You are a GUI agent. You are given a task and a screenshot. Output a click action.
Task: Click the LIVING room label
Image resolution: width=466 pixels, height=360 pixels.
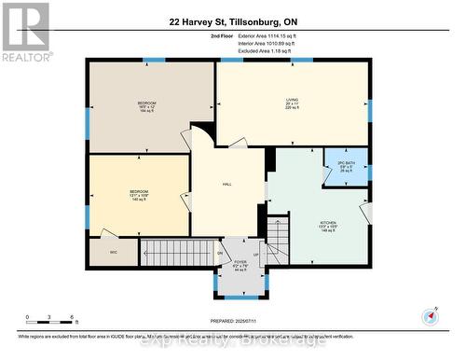point(292,100)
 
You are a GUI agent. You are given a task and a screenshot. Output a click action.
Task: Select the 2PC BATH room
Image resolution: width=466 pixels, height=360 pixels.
point(347,166)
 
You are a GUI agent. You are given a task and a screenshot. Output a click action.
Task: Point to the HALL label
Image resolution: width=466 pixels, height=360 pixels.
point(226,185)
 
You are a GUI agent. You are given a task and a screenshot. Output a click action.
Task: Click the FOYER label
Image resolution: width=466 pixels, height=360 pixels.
point(240,264)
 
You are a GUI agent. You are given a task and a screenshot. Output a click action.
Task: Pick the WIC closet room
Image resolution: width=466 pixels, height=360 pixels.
point(113,252)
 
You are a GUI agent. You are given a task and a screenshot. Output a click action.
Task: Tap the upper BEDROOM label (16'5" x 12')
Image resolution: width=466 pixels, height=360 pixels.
point(147,103)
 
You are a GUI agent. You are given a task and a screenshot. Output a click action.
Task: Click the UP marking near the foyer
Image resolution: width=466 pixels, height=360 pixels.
point(254,254)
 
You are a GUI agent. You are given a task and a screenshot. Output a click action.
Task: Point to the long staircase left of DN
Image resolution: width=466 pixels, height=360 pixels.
point(177,251)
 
